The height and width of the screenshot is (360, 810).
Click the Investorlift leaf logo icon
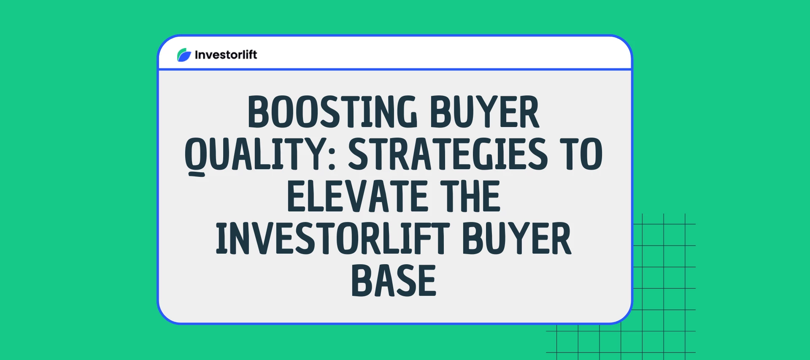pos(184,55)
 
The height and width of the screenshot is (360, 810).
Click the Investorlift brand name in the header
pos(226,55)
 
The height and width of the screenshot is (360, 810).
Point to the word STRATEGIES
pos(448,154)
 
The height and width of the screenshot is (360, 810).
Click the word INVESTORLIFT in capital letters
pos(333,238)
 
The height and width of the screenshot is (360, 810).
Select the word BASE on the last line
pos(394,281)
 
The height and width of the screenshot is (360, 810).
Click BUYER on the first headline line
pos(484,112)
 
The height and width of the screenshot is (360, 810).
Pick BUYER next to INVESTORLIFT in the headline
pos(517,238)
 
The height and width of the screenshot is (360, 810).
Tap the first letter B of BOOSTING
pos(258,112)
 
